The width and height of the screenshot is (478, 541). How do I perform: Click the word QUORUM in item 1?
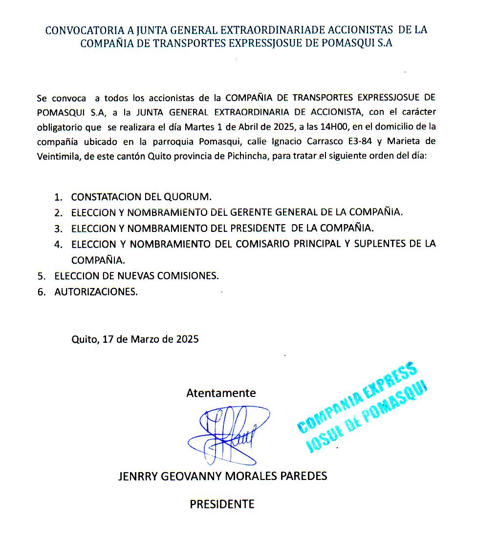(x=191, y=197)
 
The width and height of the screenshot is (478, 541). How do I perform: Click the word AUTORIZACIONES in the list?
(x=96, y=291)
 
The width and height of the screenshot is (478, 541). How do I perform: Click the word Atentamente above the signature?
(x=221, y=393)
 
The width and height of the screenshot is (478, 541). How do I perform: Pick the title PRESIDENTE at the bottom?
(x=222, y=504)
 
